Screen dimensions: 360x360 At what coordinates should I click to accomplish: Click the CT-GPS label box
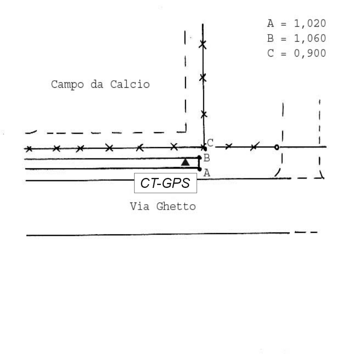tap(165, 183)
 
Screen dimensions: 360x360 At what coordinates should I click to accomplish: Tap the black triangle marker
tap(185, 162)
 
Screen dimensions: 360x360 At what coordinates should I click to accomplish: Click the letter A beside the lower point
tap(207, 173)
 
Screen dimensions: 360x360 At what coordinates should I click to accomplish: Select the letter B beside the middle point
tap(207, 158)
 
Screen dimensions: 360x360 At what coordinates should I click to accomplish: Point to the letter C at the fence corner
tap(210, 143)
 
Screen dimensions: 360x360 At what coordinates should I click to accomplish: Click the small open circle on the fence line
tap(277, 147)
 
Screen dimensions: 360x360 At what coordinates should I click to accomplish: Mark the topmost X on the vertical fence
tap(202, 44)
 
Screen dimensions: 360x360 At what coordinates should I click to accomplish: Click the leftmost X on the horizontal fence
tap(29, 148)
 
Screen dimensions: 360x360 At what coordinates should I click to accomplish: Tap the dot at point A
tap(200, 169)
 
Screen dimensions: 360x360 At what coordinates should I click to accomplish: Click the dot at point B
tap(200, 158)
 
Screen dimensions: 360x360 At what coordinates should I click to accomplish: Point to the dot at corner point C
tap(203, 148)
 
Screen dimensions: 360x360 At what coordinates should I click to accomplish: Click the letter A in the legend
tap(270, 23)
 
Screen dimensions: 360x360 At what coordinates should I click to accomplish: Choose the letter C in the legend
tap(270, 54)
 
